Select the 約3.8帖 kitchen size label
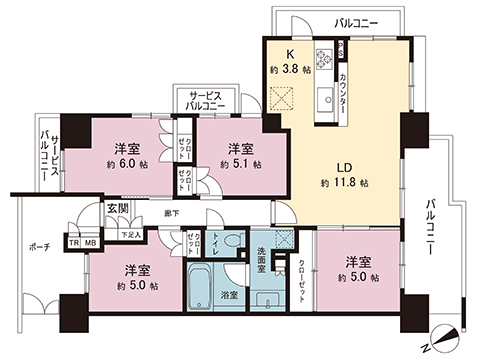coord(289,71)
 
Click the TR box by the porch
coord(74,241)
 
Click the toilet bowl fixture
coord(232,241)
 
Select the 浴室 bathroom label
coord(228,295)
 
